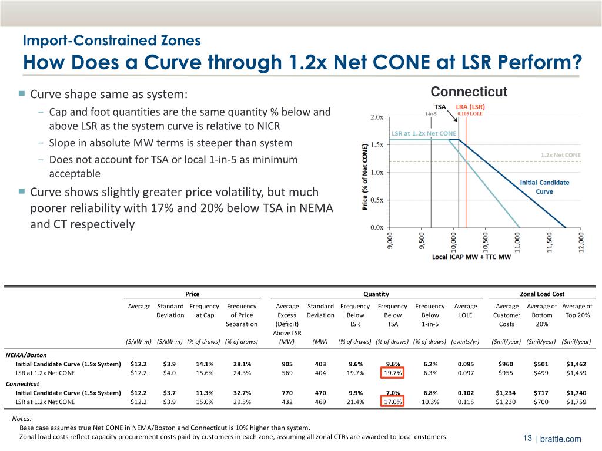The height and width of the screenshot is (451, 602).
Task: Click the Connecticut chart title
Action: (469, 93)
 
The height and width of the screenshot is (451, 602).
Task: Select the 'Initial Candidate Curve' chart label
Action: (545, 187)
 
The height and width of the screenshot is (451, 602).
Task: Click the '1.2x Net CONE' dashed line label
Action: (560, 155)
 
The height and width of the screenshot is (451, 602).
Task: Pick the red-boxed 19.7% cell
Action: (393, 372)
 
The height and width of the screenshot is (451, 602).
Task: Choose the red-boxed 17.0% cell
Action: (393, 402)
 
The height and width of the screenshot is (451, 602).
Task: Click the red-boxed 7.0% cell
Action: (393, 393)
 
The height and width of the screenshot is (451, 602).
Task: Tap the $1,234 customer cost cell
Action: (506, 393)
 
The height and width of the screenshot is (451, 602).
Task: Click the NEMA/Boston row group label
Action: (26, 355)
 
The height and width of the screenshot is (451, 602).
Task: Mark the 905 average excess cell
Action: (287, 363)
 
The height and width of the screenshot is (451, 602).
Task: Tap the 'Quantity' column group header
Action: (376, 294)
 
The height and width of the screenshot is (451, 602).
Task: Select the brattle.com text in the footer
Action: (560, 439)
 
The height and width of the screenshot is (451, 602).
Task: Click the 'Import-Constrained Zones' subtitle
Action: (112, 41)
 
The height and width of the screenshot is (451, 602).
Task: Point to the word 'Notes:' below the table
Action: (22, 419)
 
